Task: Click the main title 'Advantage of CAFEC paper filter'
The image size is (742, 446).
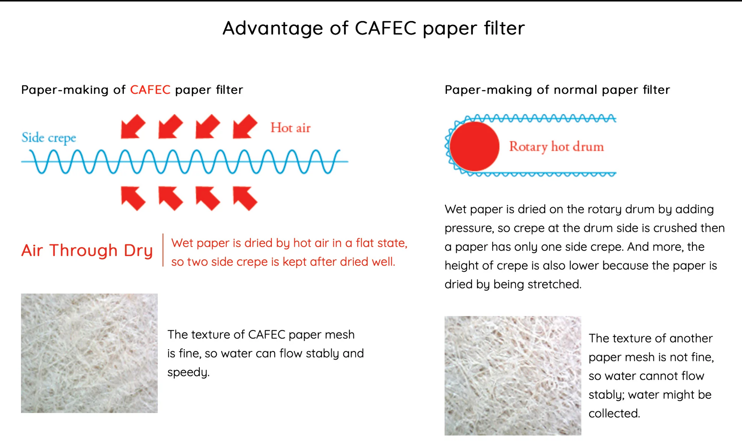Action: tap(374, 28)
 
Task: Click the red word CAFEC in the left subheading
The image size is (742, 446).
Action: tap(150, 90)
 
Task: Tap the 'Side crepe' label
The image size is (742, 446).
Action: tap(49, 138)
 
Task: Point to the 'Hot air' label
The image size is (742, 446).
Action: tap(291, 128)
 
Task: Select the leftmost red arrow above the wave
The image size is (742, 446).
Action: tap(133, 126)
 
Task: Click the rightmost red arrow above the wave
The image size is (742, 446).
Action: tap(245, 126)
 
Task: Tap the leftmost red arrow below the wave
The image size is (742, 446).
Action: tap(133, 198)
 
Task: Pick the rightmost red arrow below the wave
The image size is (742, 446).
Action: tap(245, 198)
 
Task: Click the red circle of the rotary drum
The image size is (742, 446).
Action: tap(474, 146)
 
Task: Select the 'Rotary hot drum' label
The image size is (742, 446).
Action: tap(556, 146)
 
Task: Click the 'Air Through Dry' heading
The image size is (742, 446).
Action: tap(87, 250)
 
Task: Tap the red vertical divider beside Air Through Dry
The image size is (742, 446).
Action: tap(163, 250)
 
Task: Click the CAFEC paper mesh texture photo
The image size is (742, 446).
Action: tap(89, 353)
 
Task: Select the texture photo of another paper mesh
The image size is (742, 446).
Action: tap(513, 375)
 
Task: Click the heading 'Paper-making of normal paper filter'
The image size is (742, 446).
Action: tap(557, 90)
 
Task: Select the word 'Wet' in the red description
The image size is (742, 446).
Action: tap(181, 243)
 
